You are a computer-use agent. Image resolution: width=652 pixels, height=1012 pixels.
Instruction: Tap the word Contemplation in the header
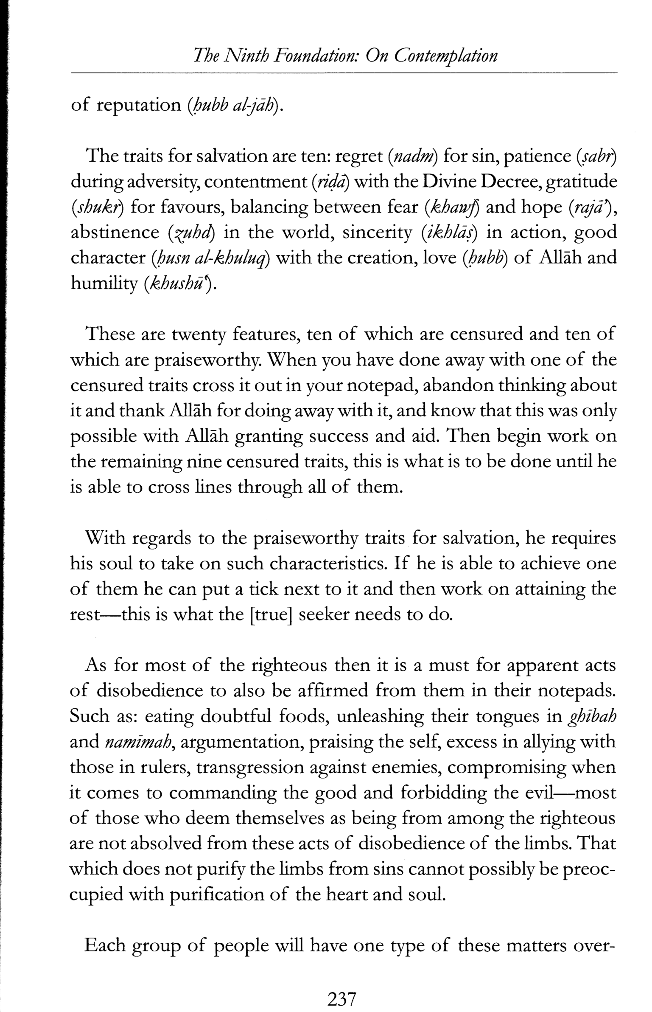coord(445,56)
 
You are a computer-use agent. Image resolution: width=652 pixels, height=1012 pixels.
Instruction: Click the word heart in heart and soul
coord(350,894)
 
